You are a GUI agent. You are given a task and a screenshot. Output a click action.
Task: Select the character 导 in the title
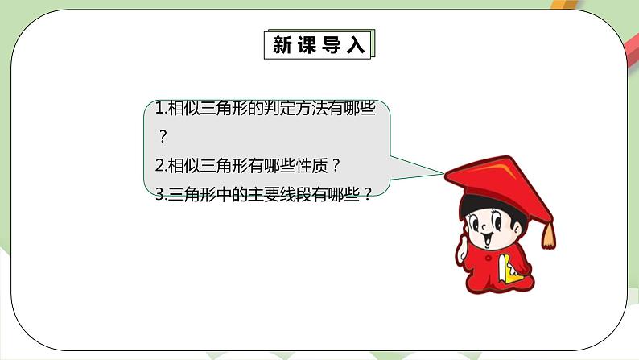332,46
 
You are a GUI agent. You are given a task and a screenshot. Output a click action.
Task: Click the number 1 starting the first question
159,109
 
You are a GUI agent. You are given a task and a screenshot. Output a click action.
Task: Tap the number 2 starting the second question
159,165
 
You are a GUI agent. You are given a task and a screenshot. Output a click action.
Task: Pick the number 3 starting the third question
159,194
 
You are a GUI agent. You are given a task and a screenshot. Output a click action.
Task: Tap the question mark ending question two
336,165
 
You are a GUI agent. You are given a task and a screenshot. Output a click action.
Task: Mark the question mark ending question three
369,194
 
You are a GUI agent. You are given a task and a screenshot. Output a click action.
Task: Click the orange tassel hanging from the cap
549,234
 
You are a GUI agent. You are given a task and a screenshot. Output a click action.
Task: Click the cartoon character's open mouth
488,238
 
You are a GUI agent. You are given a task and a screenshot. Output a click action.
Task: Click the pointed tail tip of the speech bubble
443,172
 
